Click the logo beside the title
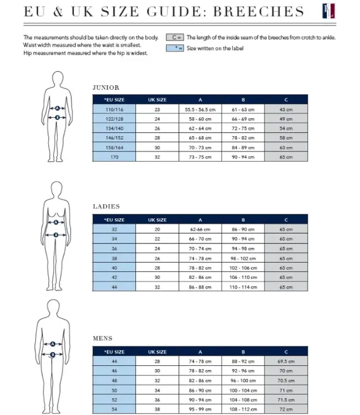(x=329, y=11)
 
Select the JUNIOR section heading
(x=106, y=87)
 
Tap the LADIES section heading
(x=106, y=206)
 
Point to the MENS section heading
(x=102, y=339)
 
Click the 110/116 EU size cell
(x=114, y=110)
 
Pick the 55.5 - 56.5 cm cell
(x=200, y=110)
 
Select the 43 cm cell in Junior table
(x=286, y=110)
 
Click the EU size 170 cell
(x=114, y=157)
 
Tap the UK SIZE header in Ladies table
(x=157, y=220)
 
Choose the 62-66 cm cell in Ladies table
(x=200, y=229)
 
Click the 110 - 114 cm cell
(x=243, y=287)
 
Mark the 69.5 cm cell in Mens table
(x=286, y=361)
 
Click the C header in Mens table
(x=286, y=352)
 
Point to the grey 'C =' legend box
(x=175, y=38)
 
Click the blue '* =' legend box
(x=175, y=48)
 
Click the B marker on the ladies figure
(x=56, y=235)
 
